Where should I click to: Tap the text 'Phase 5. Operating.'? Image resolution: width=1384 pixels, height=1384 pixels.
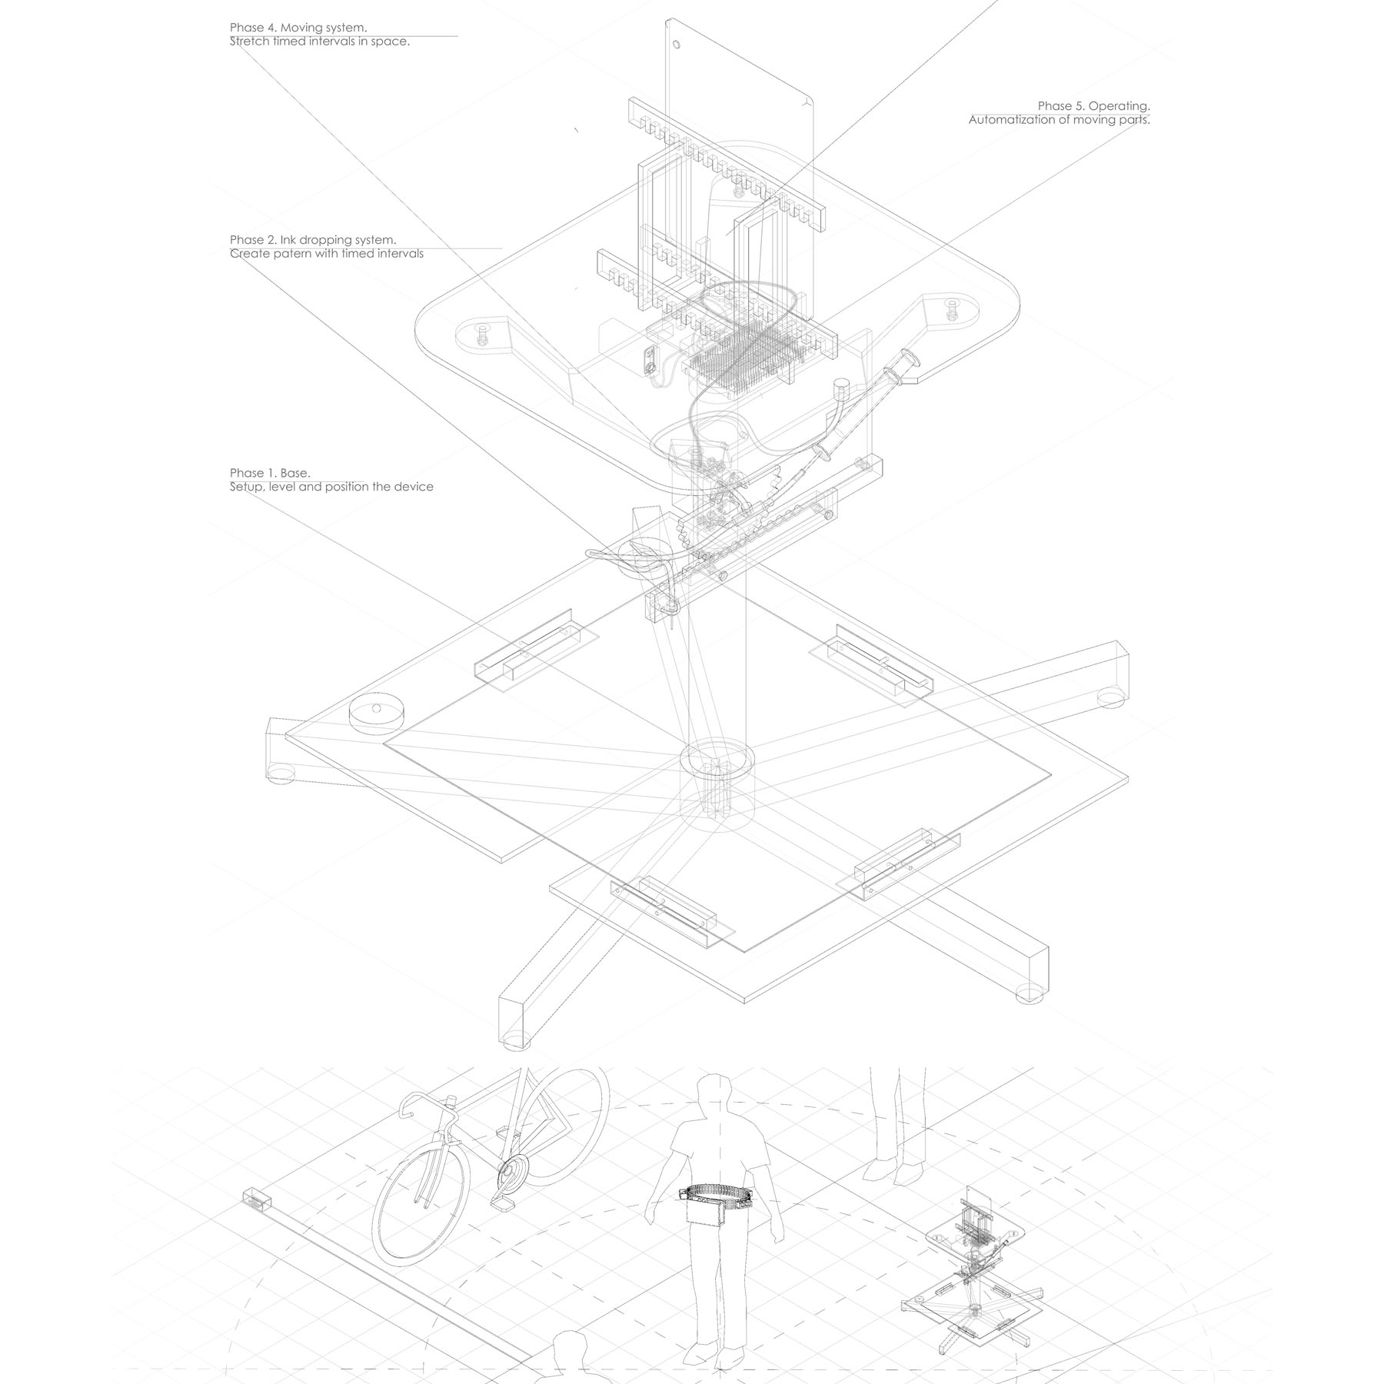point(1093,106)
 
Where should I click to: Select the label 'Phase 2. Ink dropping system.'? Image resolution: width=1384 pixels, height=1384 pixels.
point(313,240)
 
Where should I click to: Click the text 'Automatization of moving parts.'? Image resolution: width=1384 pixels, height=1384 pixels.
point(1059,120)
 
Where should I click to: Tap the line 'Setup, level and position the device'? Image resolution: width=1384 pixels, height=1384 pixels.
point(331,487)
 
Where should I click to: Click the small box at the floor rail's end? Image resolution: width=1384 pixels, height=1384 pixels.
point(256,1200)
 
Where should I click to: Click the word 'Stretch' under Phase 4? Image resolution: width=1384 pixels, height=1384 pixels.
point(250,42)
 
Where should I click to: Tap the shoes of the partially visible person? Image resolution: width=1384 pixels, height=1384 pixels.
point(892,1172)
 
